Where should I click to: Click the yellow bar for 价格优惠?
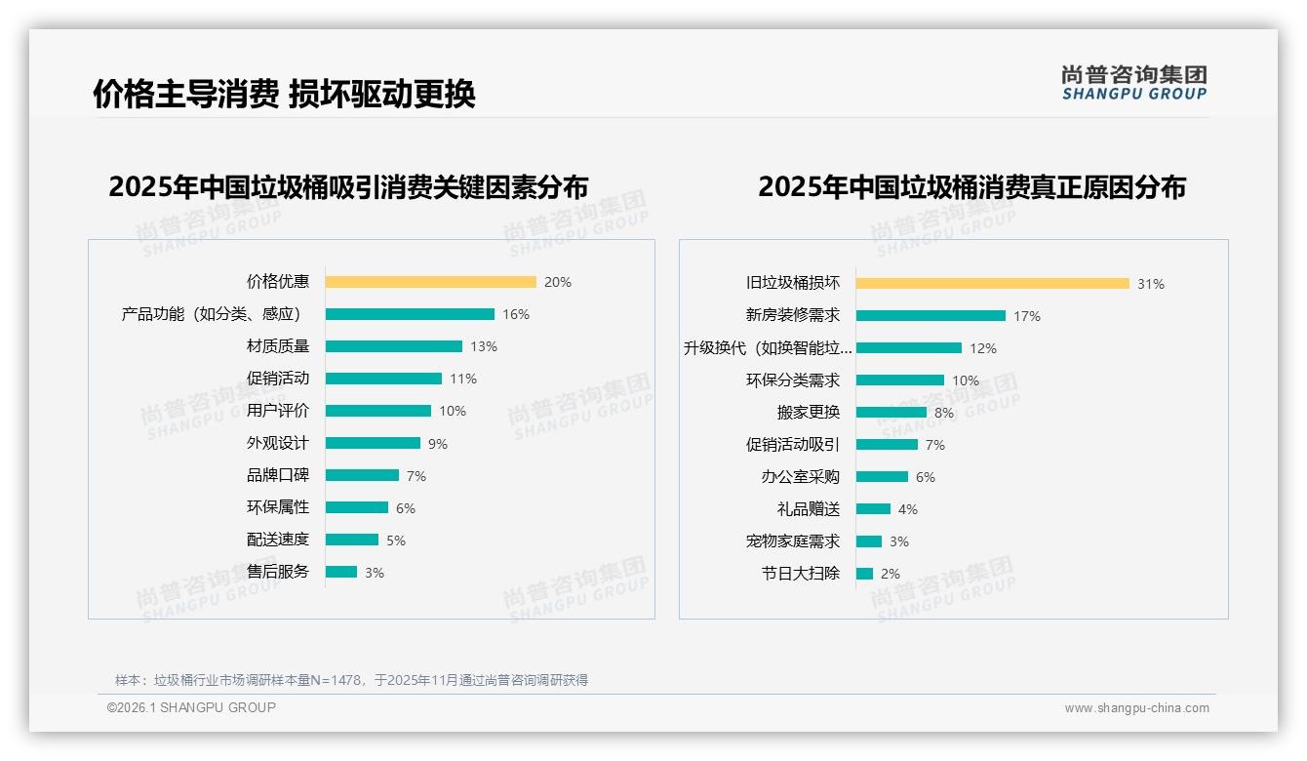point(430,282)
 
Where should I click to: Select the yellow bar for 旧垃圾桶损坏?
point(992,284)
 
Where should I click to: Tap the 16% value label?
point(516,314)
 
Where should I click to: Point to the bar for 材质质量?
point(393,346)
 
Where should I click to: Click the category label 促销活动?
point(278,379)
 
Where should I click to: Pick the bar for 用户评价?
point(377,411)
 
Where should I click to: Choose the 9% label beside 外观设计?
point(438,444)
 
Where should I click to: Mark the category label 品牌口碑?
point(278,475)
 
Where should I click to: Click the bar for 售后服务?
point(341,572)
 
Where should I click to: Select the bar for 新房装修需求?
point(931,316)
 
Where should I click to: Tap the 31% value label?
point(1151,284)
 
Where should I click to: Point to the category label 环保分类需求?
point(793,380)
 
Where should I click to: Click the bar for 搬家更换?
point(891,413)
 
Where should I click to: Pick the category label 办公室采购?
point(801,477)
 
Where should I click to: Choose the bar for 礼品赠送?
point(873,509)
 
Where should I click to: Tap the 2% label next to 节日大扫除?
point(891,574)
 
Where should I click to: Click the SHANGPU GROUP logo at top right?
point(1134,82)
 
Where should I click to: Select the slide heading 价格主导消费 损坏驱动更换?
point(284,95)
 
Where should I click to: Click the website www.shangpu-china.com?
point(1136,708)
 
